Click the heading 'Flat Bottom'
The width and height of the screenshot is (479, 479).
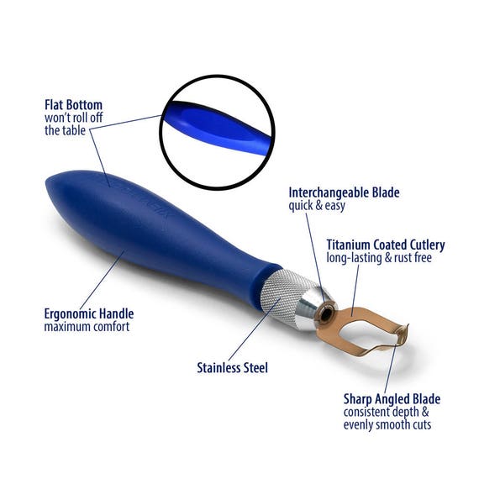click(73, 105)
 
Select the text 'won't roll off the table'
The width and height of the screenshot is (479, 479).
click(73, 124)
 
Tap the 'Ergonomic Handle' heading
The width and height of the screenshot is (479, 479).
click(89, 314)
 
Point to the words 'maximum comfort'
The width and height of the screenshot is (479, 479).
click(87, 327)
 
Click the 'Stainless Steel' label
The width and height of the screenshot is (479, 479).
click(232, 368)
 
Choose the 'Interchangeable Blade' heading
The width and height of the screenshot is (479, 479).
click(344, 192)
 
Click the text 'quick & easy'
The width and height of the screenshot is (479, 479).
click(317, 206)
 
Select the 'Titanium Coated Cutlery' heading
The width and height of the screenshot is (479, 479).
click(386, 245)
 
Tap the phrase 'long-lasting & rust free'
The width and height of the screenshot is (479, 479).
click(379, 258)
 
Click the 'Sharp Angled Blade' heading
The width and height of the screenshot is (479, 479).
click(392, 399)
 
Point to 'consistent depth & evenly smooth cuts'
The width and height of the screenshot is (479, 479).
click(387, 418)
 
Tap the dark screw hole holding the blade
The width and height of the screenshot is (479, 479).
click(326, 313)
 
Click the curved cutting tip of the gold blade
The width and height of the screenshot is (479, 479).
click(403, 334)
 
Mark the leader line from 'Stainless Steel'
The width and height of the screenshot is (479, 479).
click(254, 330)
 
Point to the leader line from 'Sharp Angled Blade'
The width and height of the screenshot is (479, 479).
click(391, 368)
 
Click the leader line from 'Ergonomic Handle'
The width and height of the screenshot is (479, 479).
click(103, 280)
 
